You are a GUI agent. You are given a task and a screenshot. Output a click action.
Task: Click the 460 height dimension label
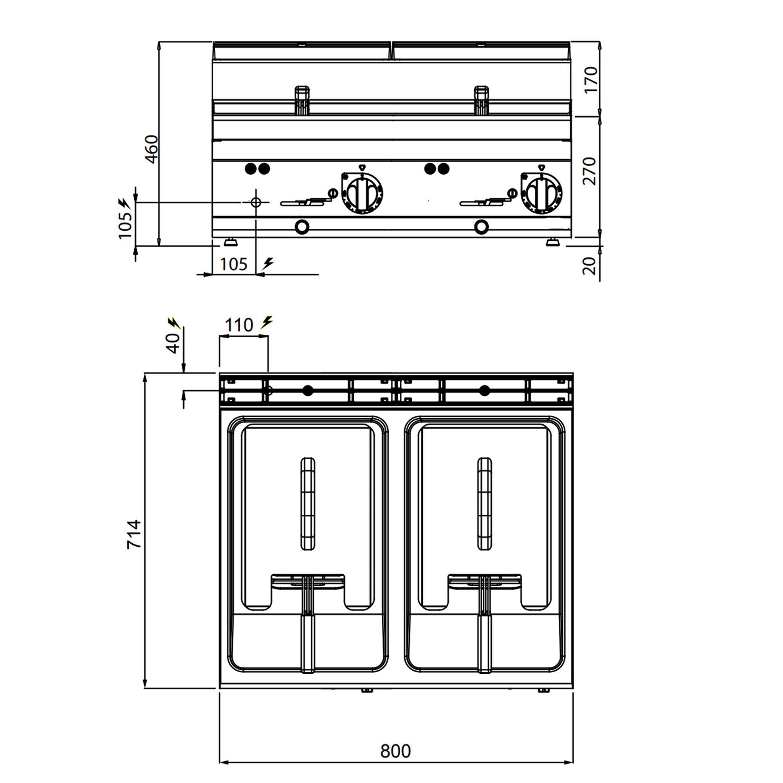coord(151,149)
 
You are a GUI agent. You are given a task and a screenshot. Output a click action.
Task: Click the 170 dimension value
coord(590,80)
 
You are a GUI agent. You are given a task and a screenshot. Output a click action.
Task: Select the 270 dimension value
coord(590,171)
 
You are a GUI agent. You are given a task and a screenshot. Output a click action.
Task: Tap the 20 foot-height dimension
coord(590,266)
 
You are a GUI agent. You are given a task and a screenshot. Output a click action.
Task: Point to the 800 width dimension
coord(395,751)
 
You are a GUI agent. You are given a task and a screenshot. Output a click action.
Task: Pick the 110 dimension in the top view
coord(239,325)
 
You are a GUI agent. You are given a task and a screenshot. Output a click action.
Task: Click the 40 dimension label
coord(173,343)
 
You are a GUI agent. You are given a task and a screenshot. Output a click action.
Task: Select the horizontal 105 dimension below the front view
coord(233,264)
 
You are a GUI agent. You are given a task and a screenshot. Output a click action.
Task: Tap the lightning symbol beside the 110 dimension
coord(266,323)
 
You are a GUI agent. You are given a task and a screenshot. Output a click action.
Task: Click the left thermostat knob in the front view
coord(362,192)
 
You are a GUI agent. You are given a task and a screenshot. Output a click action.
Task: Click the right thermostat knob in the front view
coord(541,192)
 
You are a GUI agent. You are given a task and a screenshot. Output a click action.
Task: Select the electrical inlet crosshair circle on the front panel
coord(256,201)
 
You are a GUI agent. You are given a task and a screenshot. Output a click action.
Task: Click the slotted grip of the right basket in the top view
coord(485,504)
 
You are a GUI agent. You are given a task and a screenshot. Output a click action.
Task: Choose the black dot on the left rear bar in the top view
coord(308,391)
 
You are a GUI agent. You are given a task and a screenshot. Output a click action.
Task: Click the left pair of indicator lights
coord(257,169)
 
